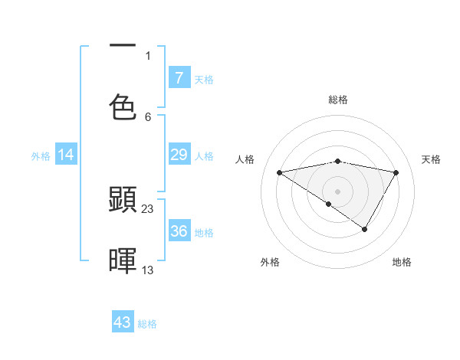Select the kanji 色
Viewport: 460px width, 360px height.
[x=123, y=107]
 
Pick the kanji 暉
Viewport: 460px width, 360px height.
[x=123, y=260]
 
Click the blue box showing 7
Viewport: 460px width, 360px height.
[x=179, y=78]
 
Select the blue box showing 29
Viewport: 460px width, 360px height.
[x=179, y=155]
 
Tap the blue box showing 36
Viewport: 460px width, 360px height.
[x=179, y=231]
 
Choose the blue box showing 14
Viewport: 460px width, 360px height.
[x=66, y=155]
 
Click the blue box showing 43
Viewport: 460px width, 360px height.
[x=123, y=322]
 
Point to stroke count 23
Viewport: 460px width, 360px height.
[x=148, y=208]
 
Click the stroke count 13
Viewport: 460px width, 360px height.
[x=148, y=270]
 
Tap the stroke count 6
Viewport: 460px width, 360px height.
[x=148, y=116]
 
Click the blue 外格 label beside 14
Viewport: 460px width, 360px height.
[x=41, y=156]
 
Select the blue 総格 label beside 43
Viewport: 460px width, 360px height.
[x=147, y=324]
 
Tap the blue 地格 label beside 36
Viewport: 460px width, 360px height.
[x=204, y=233]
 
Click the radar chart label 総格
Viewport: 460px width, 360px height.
[x=338, y=100]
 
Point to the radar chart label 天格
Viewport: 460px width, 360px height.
[x=432, y=159]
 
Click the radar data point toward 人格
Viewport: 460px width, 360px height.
[x=280, y=172]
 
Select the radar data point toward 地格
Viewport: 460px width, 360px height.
[x=365, y=229]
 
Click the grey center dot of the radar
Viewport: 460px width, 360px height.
[x=338, y=191]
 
